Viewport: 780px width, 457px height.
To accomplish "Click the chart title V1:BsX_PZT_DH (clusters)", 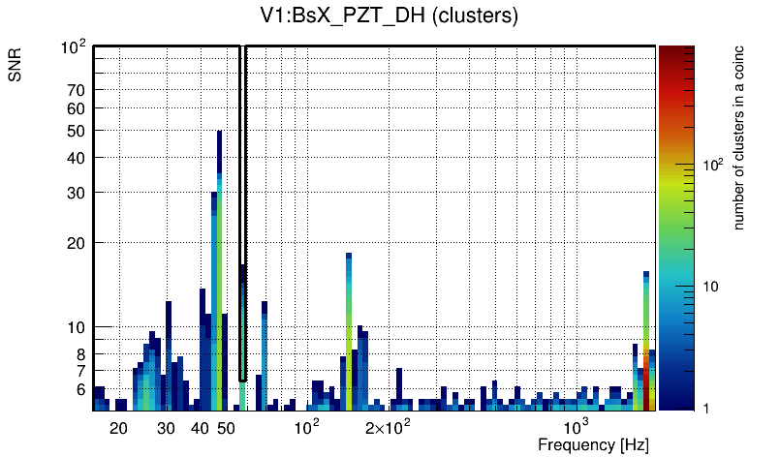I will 390,16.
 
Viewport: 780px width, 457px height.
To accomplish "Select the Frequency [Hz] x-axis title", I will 593,444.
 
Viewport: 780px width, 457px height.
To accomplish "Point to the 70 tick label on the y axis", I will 77,90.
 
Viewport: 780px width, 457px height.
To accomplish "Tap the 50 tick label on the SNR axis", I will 77,131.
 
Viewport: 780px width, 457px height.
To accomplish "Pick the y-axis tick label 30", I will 77,193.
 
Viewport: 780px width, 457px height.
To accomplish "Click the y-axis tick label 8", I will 81,354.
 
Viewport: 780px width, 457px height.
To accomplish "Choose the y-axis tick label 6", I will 81,389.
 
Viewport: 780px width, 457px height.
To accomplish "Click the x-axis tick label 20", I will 118,428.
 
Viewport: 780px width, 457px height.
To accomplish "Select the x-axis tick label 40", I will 200,428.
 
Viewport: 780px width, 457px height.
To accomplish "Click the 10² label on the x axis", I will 306,427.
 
